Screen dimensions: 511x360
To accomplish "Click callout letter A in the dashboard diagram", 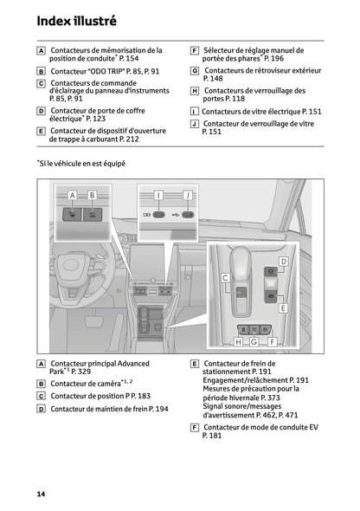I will [x=72, y=195].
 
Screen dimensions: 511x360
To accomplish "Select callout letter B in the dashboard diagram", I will [x=92, y=195].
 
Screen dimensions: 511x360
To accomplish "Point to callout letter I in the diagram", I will [x=158, y=195].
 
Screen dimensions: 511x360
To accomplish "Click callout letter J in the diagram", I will [x=187, y=195].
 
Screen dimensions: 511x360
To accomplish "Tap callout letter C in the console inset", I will [x=225, y=277].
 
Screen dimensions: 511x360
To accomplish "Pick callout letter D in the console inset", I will [x=283, y=261].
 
